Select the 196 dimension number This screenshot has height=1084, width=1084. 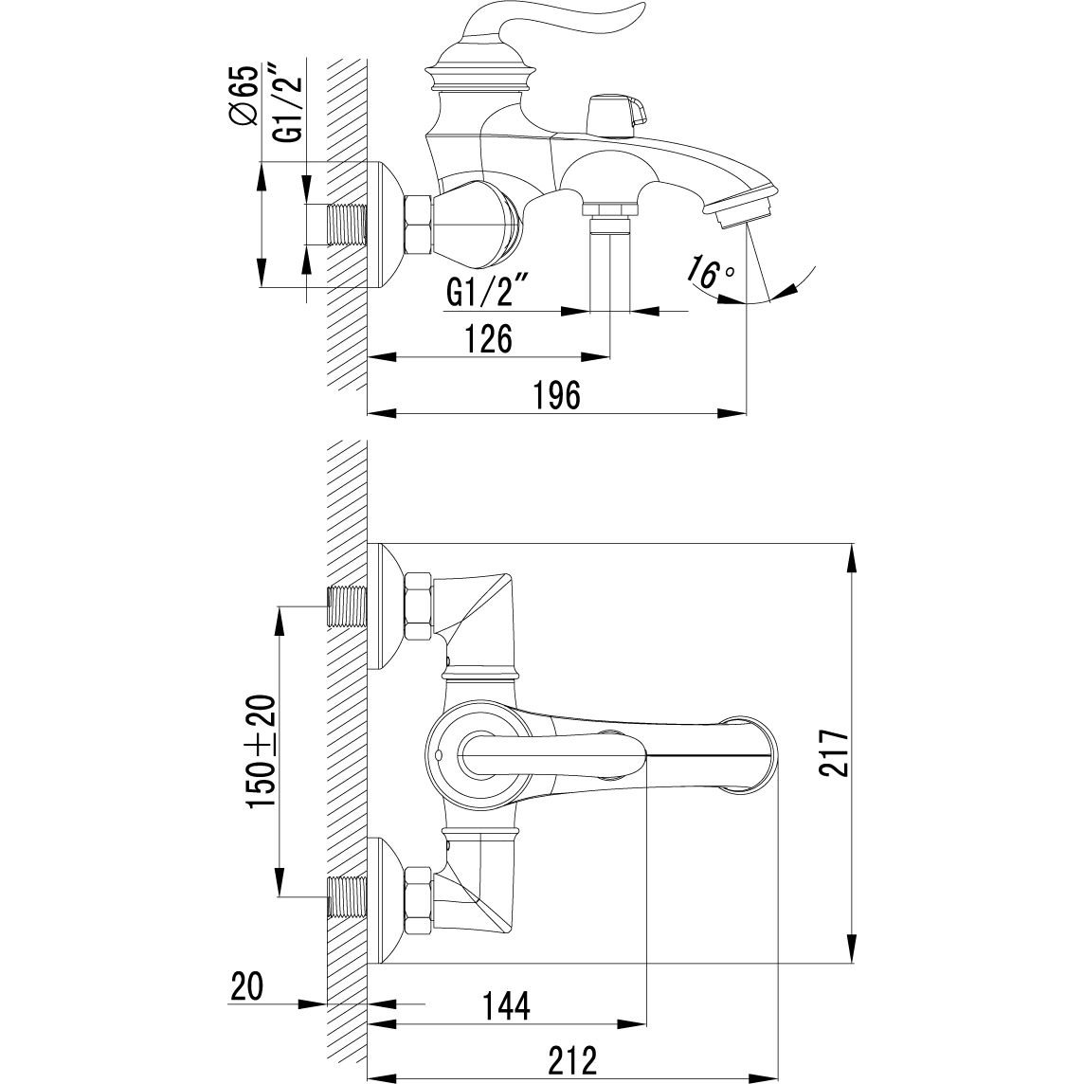557,395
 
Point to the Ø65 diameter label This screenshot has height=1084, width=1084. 244,96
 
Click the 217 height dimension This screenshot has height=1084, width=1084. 836,752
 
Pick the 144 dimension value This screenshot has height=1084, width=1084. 506,1006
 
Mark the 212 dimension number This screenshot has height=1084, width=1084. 572,1059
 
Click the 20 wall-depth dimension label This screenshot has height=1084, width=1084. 246,985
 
